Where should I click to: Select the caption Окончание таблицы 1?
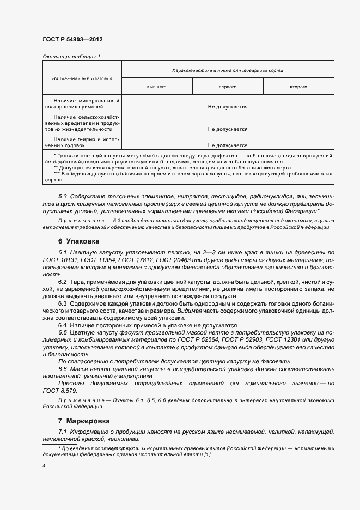pos(71,57)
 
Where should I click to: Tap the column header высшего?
pos(156,87)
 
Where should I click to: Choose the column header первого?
pos(227,87)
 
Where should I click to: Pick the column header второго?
pos(298,87)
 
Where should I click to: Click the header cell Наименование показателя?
pos(82,78)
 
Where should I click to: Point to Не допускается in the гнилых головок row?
pos(227,145)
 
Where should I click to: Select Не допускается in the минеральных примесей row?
pos(227,107)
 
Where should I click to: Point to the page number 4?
pos(44,466)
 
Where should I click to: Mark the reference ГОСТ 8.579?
pos(59,391)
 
